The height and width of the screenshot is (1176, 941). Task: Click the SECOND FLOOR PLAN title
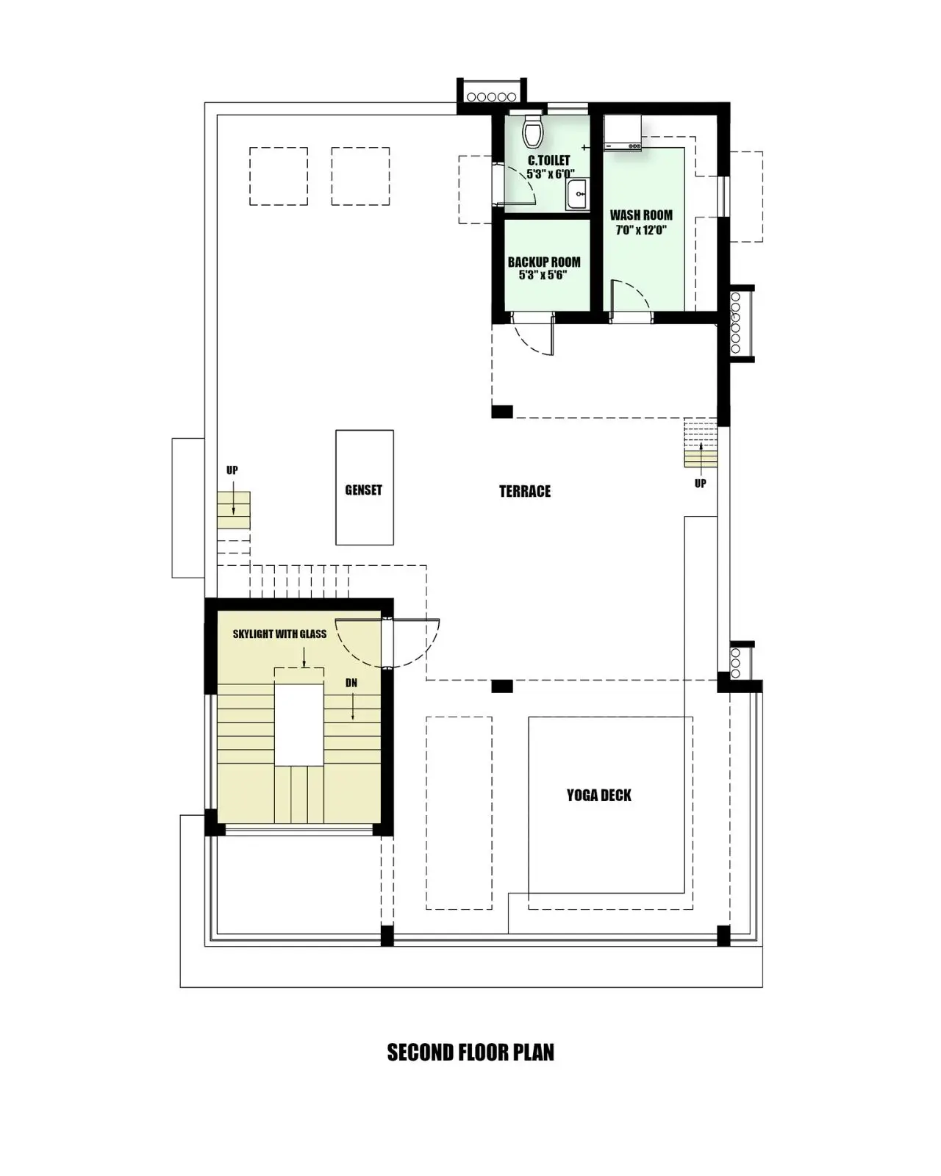click(470, 1053)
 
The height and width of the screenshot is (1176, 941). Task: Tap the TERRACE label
click(524, 491)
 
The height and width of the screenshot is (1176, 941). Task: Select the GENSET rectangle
click(364, 487)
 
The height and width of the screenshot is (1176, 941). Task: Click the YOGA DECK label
click(598, 795)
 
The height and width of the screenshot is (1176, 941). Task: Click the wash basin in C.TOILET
click(577, 194)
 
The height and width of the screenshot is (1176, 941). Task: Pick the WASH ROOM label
click(641, 215)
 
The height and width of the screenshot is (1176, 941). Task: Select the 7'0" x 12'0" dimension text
click(641, 230)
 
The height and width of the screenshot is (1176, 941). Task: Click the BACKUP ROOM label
click(544, 262)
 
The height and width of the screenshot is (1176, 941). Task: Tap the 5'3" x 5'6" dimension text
click(543, 275)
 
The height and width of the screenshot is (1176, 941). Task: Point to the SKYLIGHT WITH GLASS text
click(279, 634)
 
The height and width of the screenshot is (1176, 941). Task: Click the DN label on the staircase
click(351, 683)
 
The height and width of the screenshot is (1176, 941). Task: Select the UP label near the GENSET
click(232, 470)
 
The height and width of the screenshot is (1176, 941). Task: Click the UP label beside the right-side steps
click(700, 483)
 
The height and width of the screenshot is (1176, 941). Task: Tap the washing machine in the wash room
click(622, 132)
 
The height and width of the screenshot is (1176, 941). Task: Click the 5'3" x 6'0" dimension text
click(550, 173)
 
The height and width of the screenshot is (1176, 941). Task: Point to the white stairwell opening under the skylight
click(298, 724)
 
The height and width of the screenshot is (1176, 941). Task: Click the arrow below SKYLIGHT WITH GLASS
click(304, 657)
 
